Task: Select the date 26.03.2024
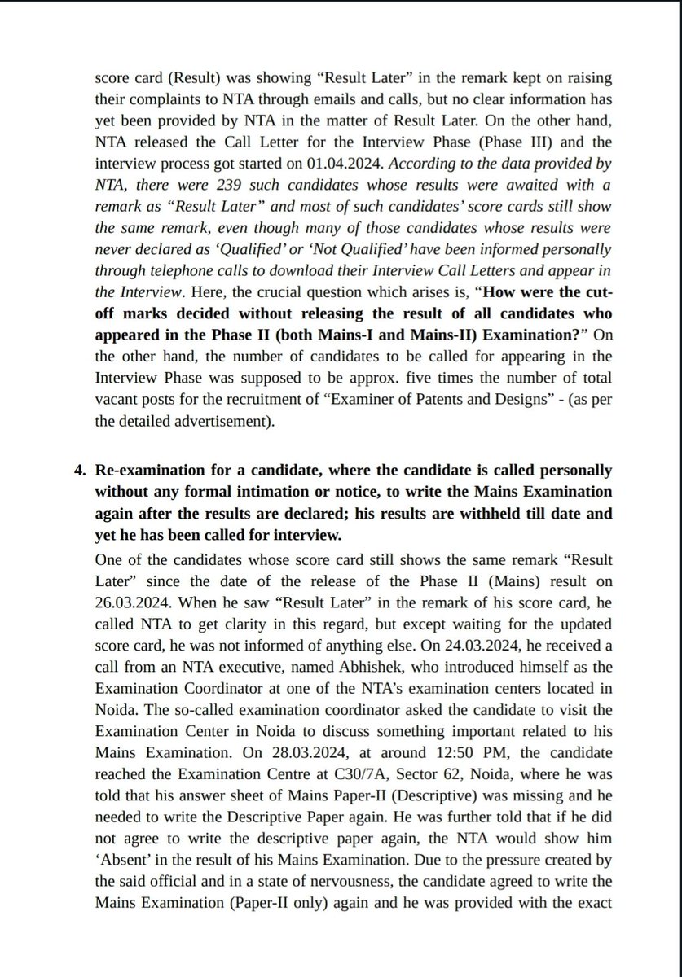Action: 136,604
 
